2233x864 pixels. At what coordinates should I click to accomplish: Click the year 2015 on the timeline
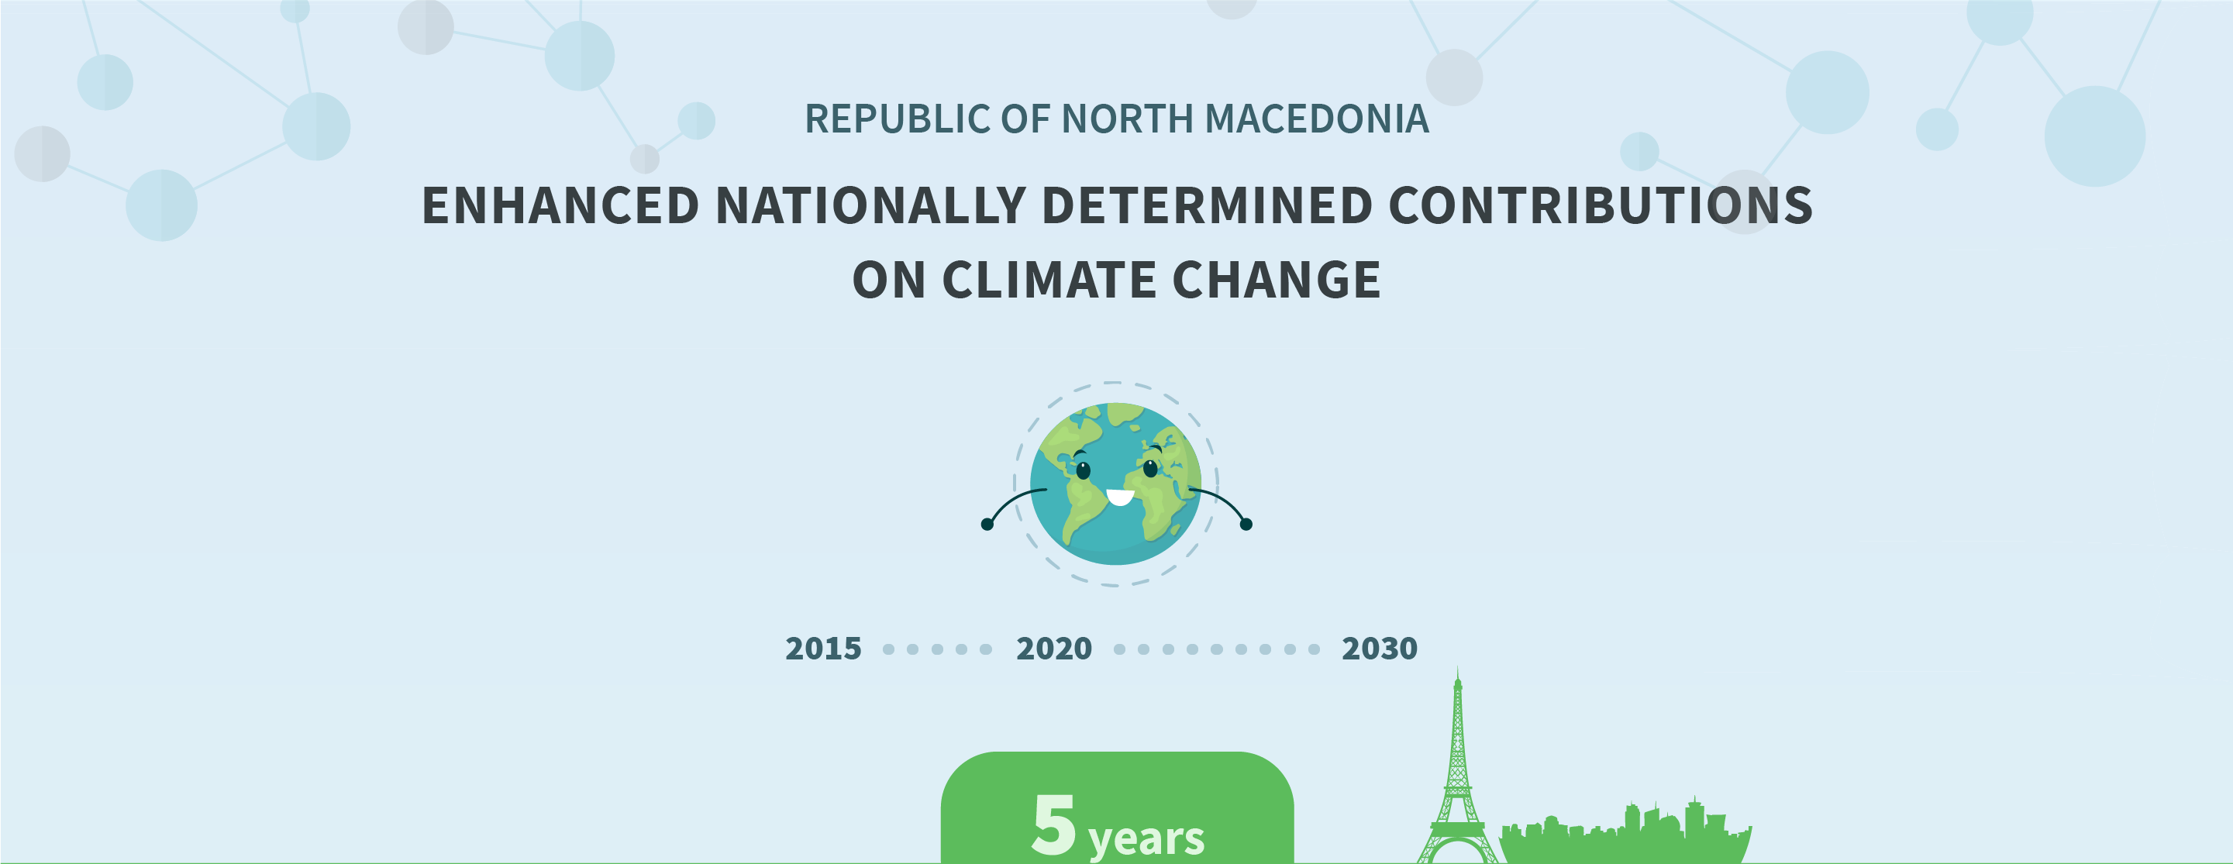pos(822,649)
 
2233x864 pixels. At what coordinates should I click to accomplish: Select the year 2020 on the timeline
pos(1053,649)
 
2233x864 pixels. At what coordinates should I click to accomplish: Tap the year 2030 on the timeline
pos(1379,649)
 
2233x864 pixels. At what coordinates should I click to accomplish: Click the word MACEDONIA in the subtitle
pos(1317,119)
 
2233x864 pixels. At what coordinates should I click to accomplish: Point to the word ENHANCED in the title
pos(560,205)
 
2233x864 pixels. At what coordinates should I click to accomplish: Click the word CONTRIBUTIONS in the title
pos(1601,205)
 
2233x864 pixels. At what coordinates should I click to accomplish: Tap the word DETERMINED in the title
pos(1207,205)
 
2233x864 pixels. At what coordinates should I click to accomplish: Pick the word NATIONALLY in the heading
pos(870,205)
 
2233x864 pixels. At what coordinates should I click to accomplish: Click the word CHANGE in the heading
pos(1276,280)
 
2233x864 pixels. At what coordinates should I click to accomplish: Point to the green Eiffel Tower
pos(1457,771)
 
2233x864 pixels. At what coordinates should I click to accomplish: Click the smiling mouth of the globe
pos(1120,497)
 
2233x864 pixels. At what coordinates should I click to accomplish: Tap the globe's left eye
pos(1083,470)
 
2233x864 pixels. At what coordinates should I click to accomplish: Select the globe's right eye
pos(1150,469)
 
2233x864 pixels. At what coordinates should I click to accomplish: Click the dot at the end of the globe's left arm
pos(987,525)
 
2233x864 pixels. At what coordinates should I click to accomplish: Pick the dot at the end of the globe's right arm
pos(1246,525)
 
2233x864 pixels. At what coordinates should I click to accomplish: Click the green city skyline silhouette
pos(1625,836)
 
